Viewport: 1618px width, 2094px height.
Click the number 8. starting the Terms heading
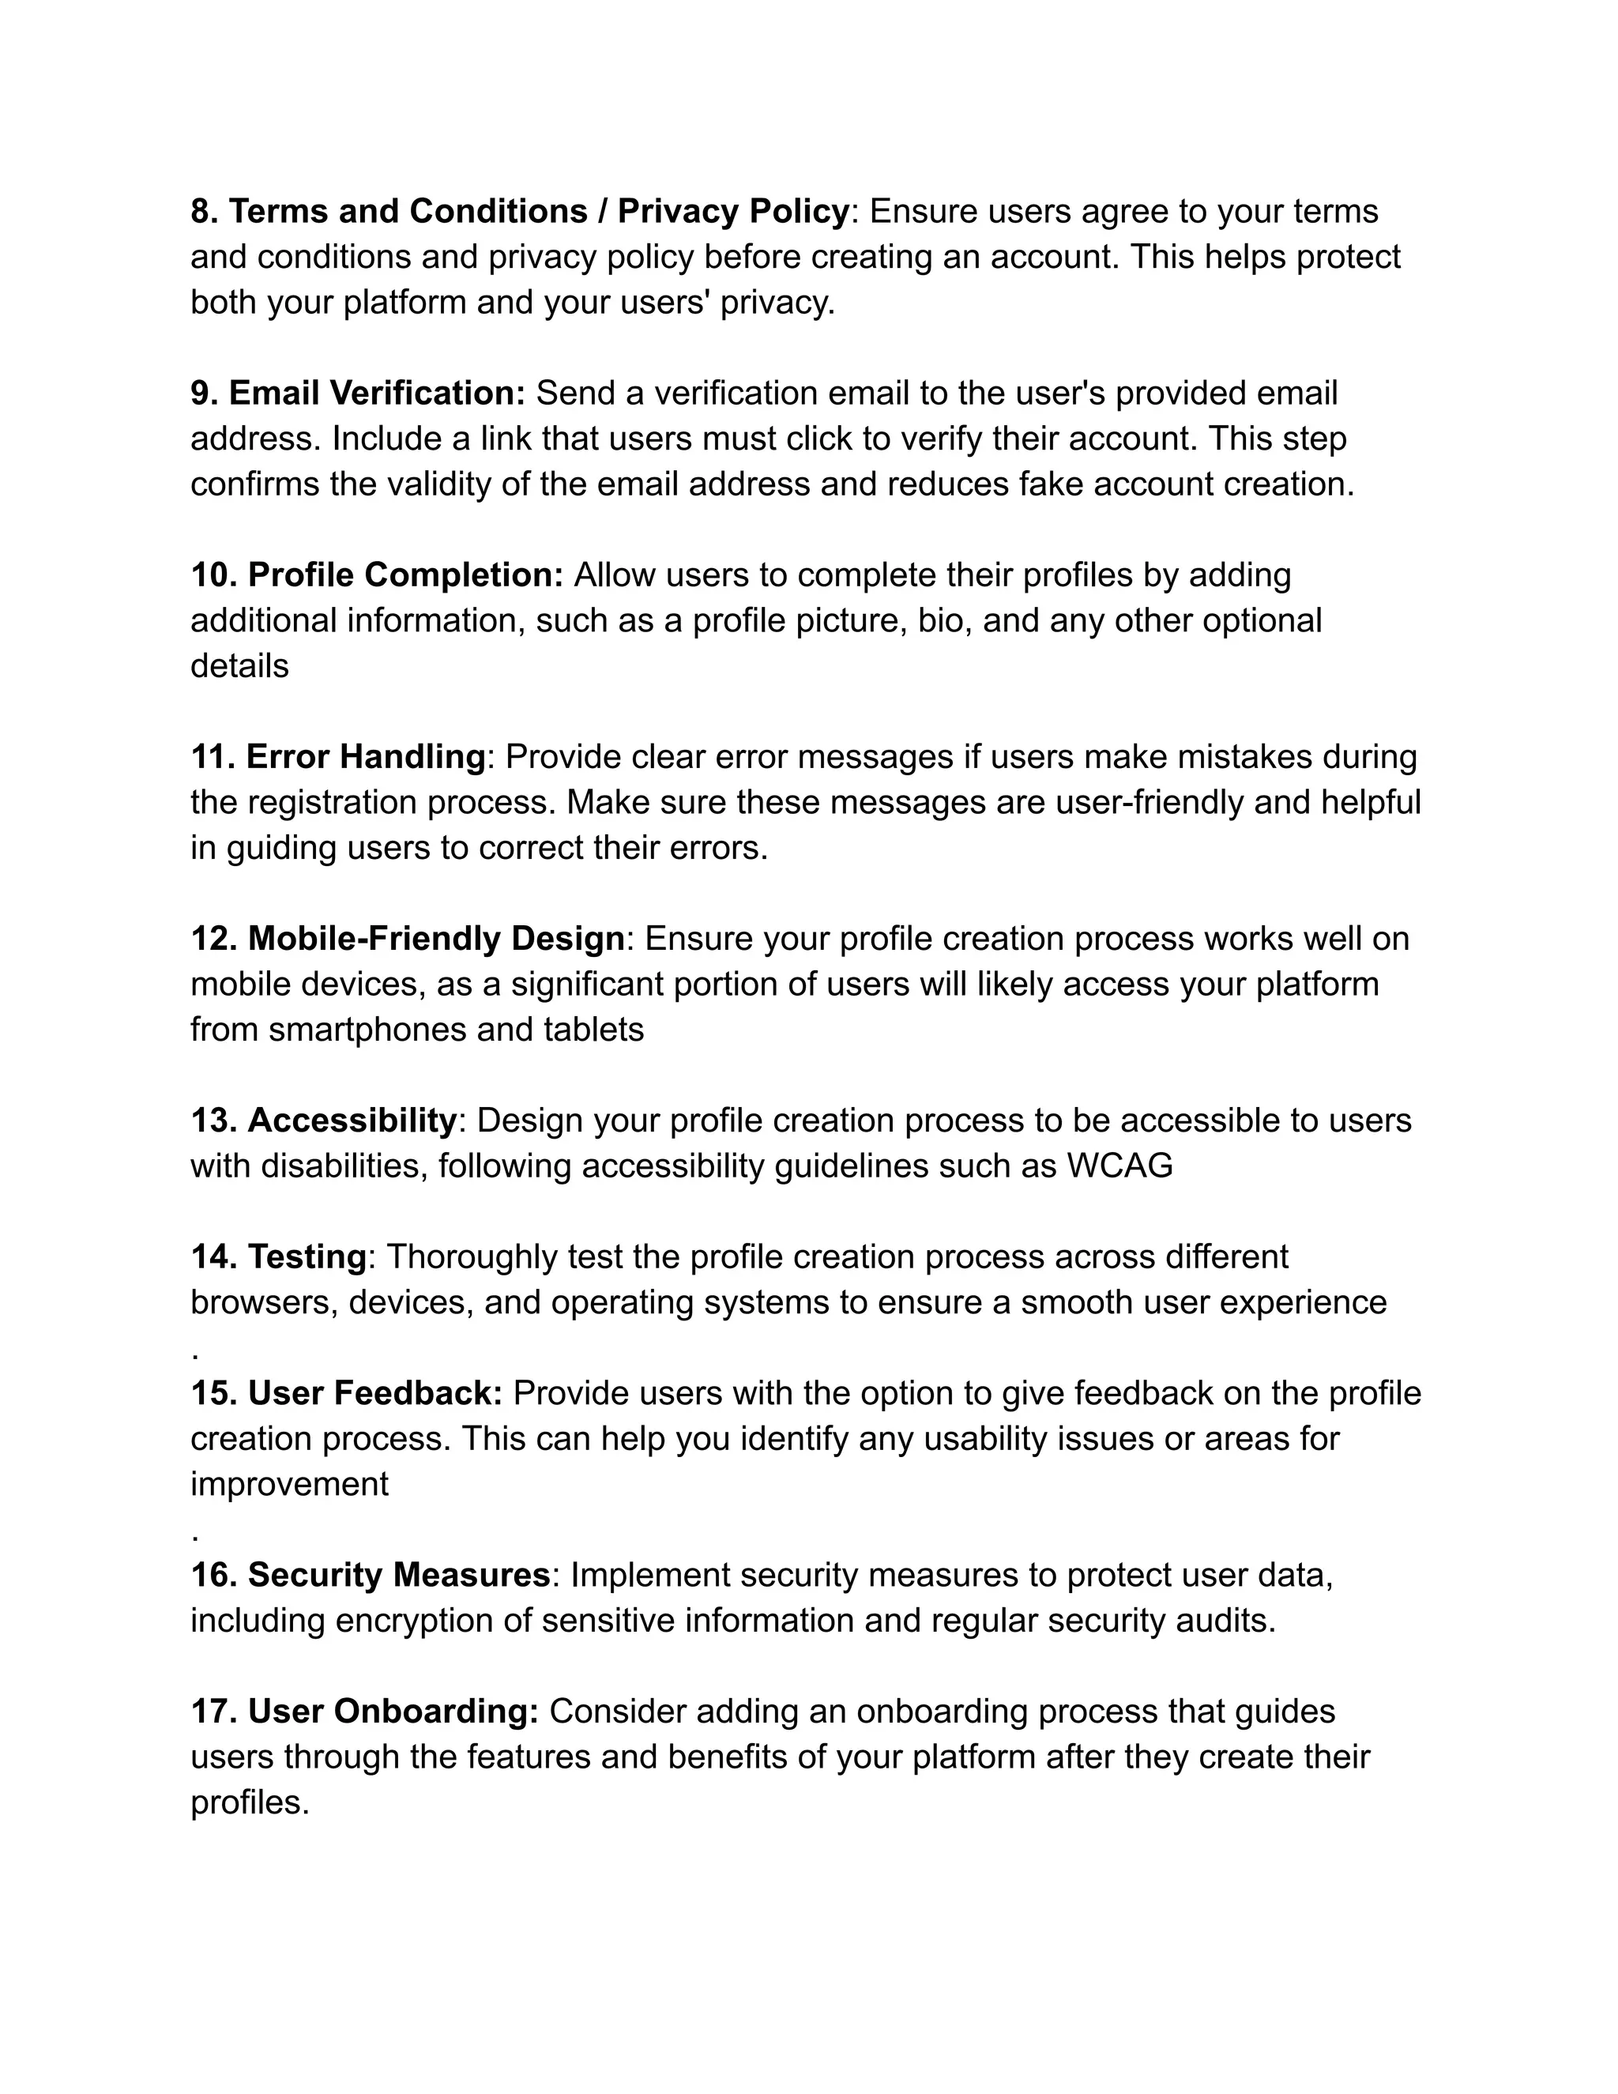(x=204, y=211)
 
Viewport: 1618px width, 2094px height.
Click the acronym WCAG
(x=1119, y=1166)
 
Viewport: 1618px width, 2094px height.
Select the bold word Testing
(x=307, y=1257)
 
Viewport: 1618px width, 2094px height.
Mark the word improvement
(x=289, y=1484)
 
